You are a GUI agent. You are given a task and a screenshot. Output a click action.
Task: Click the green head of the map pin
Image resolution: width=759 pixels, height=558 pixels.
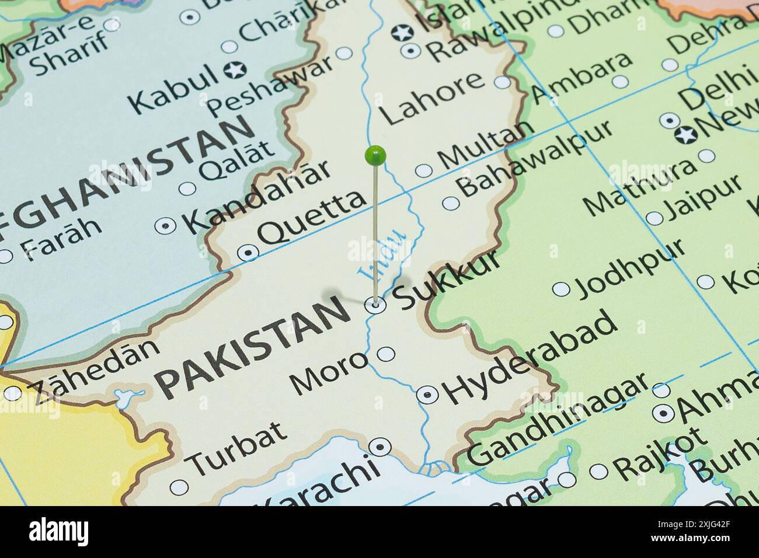375,155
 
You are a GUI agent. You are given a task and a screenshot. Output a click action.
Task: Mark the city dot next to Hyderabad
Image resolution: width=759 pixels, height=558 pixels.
427,395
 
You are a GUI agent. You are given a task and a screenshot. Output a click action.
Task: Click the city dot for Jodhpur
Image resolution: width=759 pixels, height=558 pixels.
561,290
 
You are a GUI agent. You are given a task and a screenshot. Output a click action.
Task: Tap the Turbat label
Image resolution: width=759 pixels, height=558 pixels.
239,447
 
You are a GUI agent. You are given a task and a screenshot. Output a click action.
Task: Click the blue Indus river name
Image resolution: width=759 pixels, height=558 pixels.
382,254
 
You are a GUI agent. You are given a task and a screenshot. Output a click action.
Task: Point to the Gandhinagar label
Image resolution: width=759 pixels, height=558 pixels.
558,420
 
